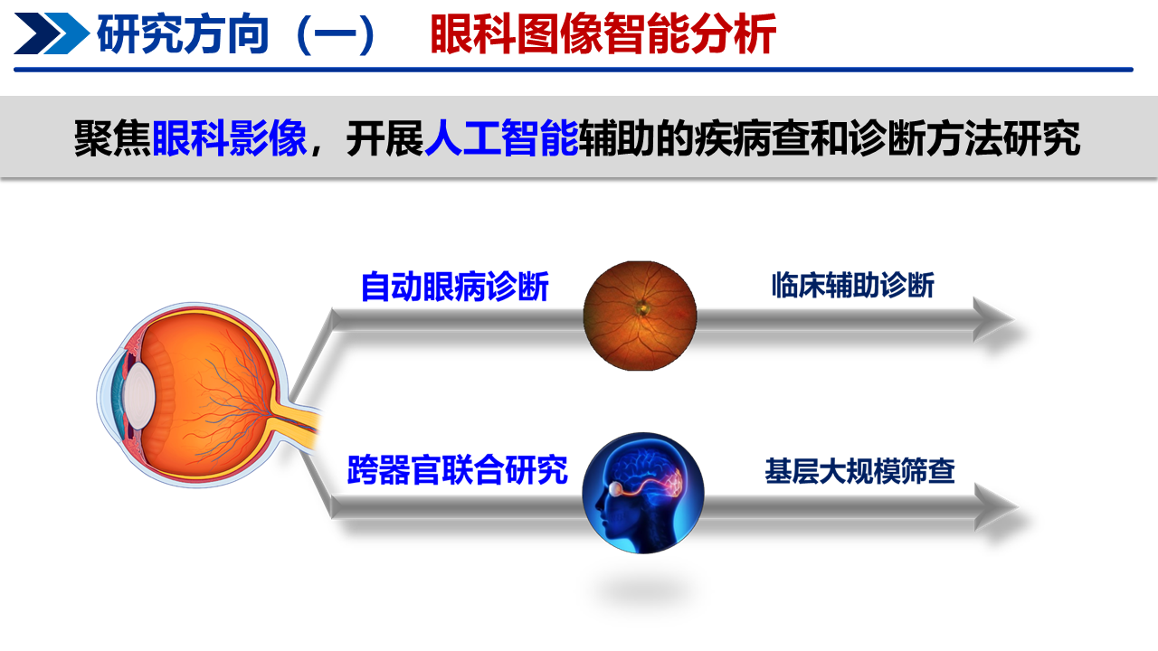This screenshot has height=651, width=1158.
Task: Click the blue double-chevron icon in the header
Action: (x=52, y=33)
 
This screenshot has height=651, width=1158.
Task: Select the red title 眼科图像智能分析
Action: (x=603, y=34)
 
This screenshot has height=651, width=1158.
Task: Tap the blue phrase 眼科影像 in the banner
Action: (x=230, y=138)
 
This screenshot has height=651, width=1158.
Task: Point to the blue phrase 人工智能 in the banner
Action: (x=501, y=138)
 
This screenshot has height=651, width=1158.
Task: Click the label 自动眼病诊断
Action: (x=455, y=287)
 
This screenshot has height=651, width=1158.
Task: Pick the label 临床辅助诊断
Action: (x=853, y=285)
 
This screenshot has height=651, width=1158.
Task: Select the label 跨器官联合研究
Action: (x=458, y=470)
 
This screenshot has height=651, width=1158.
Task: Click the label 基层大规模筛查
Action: (x=859, y=471)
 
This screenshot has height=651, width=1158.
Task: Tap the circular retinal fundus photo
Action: (x=640, y=316)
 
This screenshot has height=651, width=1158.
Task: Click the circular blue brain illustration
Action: (x=643, y=493)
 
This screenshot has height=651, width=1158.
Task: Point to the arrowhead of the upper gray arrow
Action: (x=992, y=319)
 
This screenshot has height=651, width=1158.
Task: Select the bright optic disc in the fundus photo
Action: (x=642, y=308)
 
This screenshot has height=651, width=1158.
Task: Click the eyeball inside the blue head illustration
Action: (x=616, y=488)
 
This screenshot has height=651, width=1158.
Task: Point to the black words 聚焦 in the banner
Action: (x=113, y=138)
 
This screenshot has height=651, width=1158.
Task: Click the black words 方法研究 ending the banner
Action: (x=1003, y=138)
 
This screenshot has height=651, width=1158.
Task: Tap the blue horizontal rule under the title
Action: (x=574, y=70)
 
